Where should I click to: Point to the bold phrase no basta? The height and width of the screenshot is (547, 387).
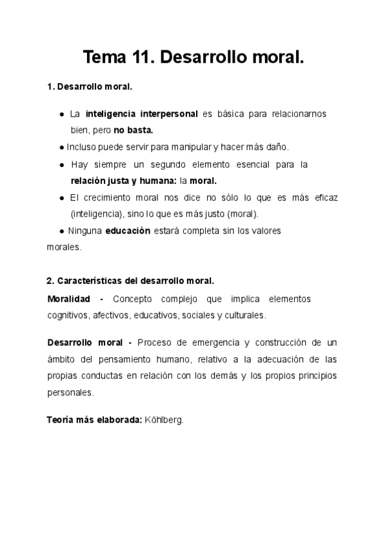tap(134, 130)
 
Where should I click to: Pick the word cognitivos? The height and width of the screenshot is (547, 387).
tap(68, 315)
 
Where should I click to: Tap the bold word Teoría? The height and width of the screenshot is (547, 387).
tap(61, 419)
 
